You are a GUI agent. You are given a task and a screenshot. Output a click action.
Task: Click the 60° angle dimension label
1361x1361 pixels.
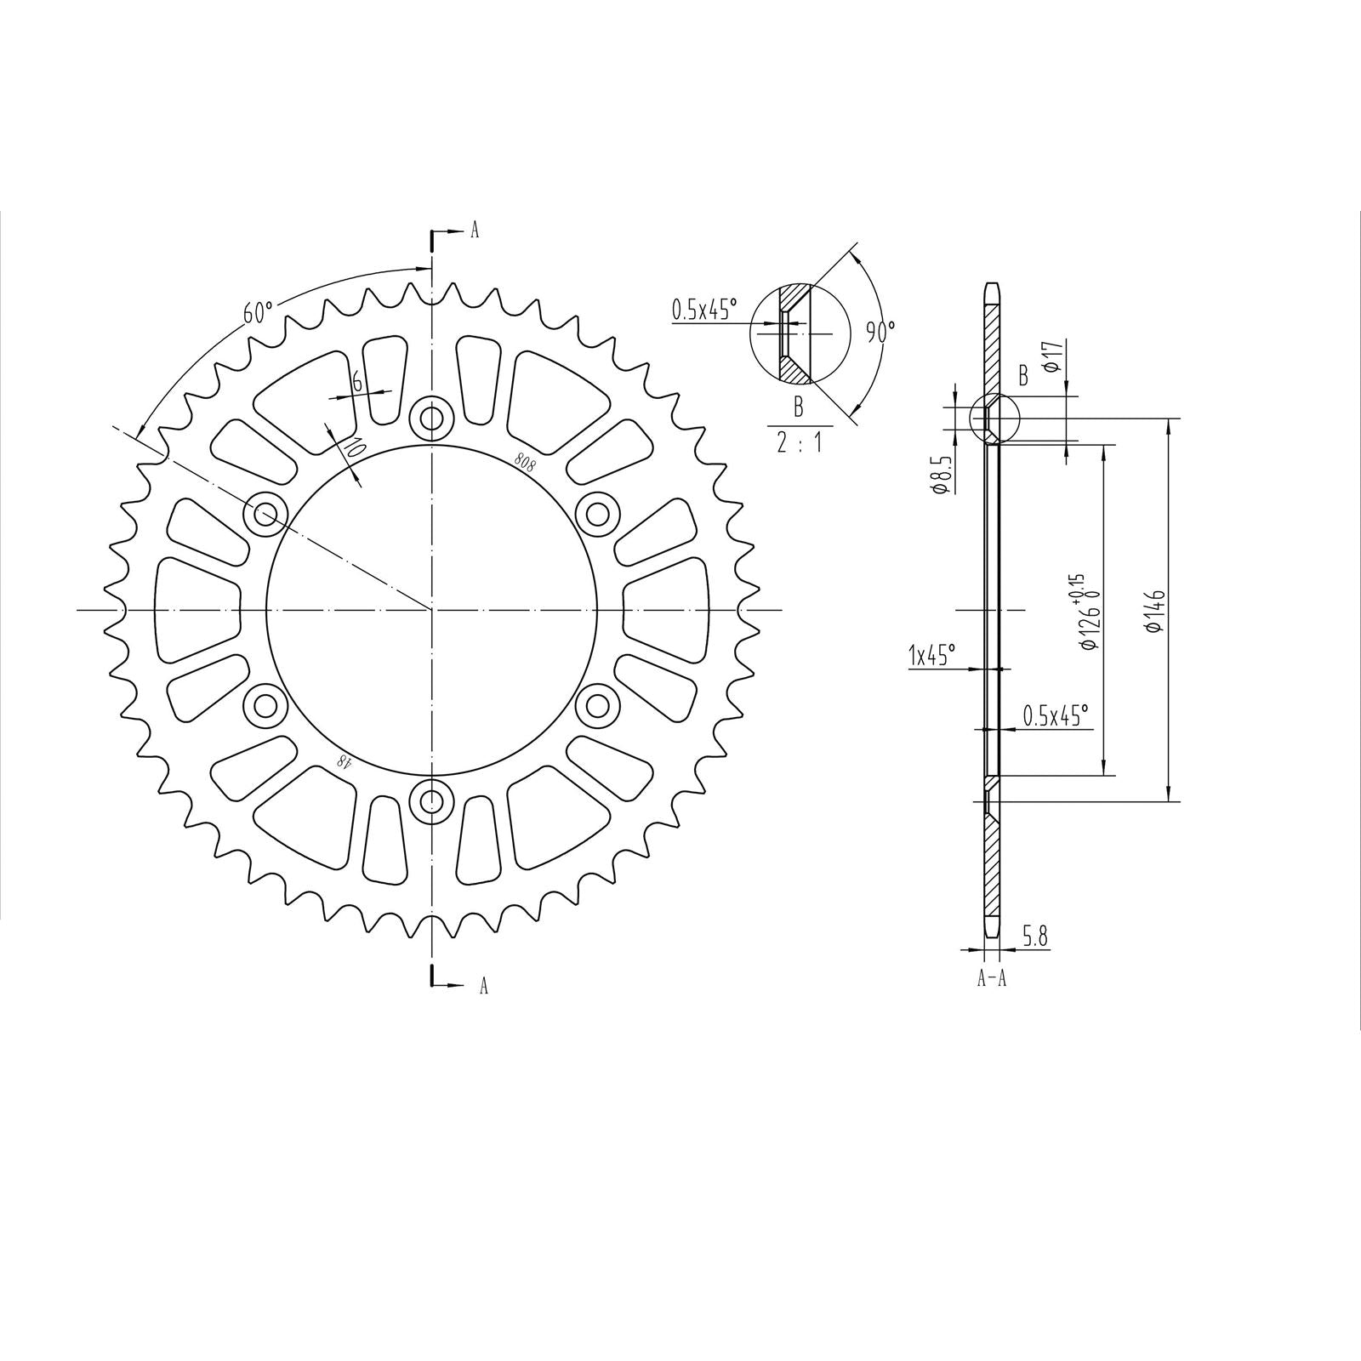[x=258, y=312]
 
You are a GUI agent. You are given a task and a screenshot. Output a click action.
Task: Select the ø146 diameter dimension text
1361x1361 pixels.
[x=1154, y=611]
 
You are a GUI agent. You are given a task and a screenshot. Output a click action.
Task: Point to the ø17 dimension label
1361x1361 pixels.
[x=1052, y=355]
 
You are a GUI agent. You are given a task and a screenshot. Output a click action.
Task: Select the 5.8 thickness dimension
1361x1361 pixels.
[x=1034, y=937]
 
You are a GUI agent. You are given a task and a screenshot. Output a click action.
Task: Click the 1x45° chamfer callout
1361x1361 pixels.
[x=931, y=655]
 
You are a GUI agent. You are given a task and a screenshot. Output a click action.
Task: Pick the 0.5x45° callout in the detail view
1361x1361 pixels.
[x=704, y=310]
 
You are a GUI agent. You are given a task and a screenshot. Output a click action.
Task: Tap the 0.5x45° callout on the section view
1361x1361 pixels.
[x=1056, y=716]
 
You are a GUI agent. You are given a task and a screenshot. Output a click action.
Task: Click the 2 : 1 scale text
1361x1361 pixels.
[x=799, y=442]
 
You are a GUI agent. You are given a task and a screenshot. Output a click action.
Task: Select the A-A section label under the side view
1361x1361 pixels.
[x=992, y=978]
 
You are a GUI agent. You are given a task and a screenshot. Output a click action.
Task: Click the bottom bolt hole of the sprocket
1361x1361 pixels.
[x=432, y=800]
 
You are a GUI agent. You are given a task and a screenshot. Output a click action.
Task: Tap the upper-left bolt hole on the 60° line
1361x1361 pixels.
[x=266, y=514]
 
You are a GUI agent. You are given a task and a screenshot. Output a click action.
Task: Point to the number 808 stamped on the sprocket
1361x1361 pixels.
[x=525, y=461]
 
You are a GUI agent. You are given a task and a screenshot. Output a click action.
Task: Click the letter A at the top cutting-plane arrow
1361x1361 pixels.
[x=475, y=231]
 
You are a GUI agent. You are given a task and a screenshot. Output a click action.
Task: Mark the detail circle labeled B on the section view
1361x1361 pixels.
[x=994, y=419]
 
